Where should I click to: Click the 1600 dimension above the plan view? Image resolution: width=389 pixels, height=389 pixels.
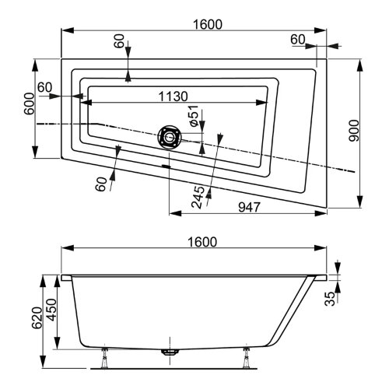pos(205,24)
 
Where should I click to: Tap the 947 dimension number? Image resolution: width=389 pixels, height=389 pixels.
pos(247,207)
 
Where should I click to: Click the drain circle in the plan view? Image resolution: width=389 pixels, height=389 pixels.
pos(169,138)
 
